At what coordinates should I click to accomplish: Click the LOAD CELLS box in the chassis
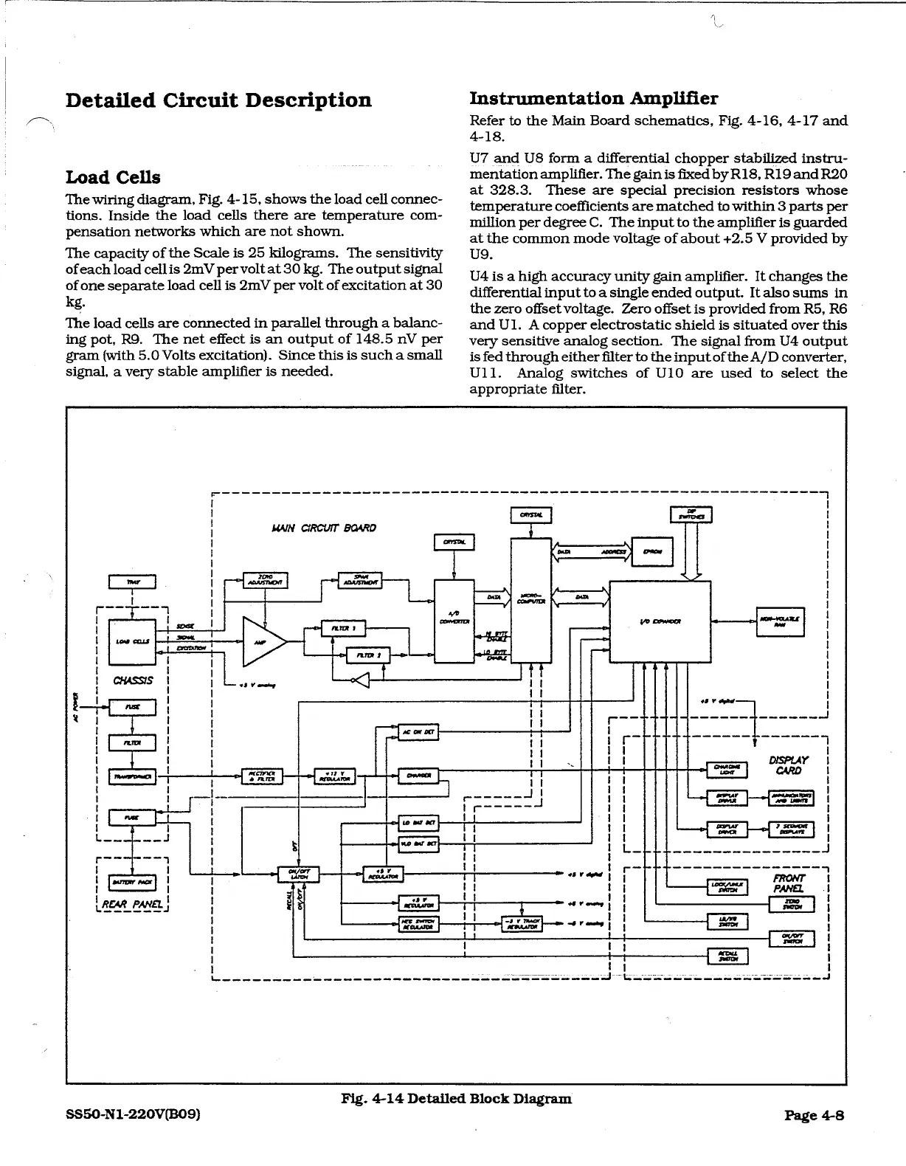pyautogui.click(x=131, y=641)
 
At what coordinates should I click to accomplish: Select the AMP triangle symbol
pyautogui.click(x=262, y=641)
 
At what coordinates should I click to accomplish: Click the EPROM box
pyautogui.click(x=653, y=551)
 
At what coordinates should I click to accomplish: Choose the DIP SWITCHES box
pyautogui.click(x=691, y=515)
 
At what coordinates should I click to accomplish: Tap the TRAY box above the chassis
pyautogui.click(x=131, y=582)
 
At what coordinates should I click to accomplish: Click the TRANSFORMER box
pyautogui.click(x=131, y=776)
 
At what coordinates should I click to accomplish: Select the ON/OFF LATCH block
pyautogui.click(x=299, y=874)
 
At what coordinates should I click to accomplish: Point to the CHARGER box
pyautogui.click(x=418, y=775)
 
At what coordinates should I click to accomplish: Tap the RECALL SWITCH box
pyautogui.click(x=727, y=956)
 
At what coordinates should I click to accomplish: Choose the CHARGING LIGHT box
pyautogui.click(x=727, y=770)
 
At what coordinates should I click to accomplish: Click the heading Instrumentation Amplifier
pyautogui.click(x=594, y=98)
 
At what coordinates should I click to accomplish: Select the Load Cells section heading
pyautogui.click(x=113, y=177)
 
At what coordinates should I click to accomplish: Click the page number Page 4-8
pyautogui.click(x=814, y=1115)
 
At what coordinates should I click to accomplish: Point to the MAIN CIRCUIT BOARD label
pyautogui.click(x=325, y=528)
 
